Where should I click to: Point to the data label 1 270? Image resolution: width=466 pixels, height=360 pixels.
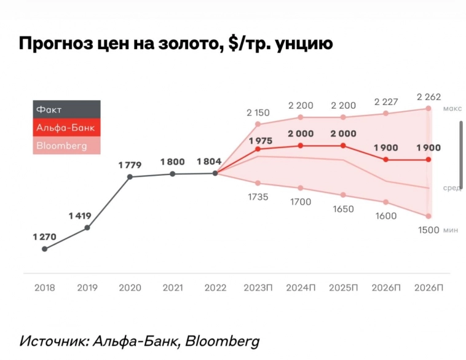(44, 236)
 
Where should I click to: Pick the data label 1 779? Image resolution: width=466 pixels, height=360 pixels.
(130, 165)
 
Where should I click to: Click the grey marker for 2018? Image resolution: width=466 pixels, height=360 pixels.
(44, 249)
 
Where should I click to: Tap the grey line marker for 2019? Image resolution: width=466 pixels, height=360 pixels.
(87, 228)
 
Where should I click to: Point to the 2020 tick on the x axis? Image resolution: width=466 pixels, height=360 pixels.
(130, 288)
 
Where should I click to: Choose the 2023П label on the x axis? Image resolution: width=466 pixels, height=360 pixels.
(258, 288)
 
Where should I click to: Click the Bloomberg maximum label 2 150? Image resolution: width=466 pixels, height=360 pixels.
(258, 112)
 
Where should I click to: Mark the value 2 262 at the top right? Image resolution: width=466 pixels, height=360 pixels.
(428, 96)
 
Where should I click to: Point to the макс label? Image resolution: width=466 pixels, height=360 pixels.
(452, 108)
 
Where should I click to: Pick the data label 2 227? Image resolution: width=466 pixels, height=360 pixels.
(386, 101)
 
